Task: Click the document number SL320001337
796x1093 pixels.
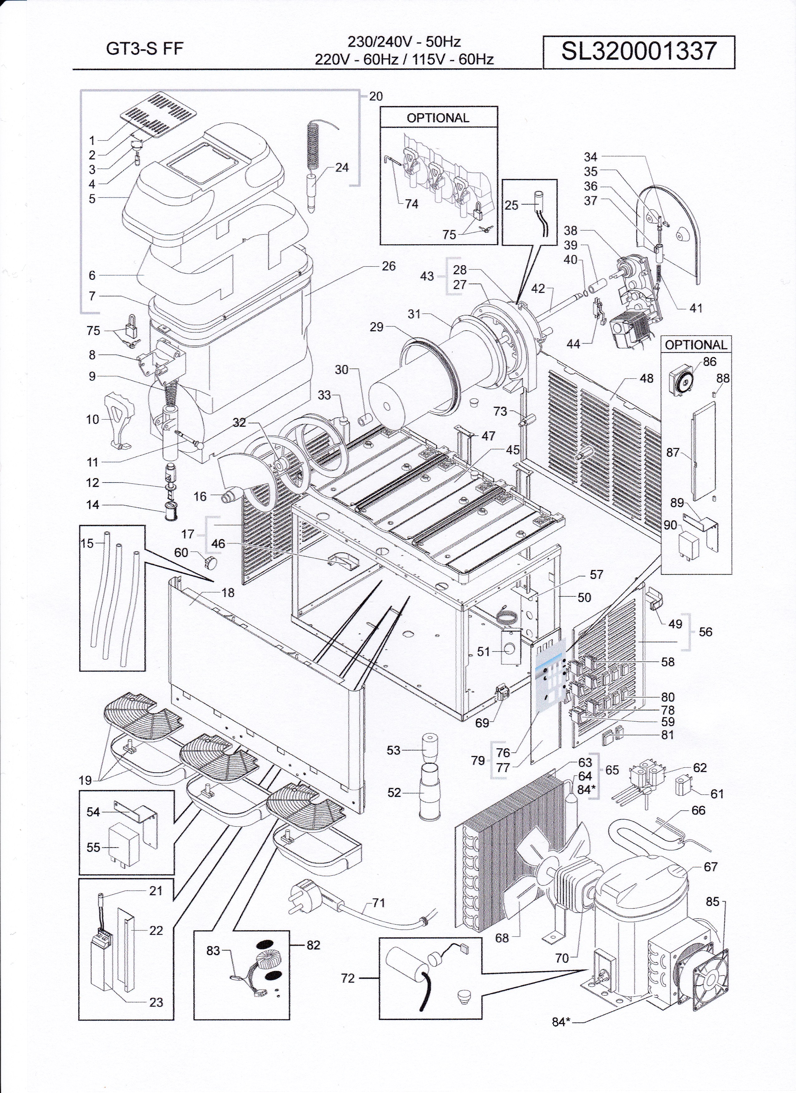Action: (639, 51)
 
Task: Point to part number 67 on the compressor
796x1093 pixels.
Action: (711, 867)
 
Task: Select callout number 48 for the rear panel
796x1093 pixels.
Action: (646, 378)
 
